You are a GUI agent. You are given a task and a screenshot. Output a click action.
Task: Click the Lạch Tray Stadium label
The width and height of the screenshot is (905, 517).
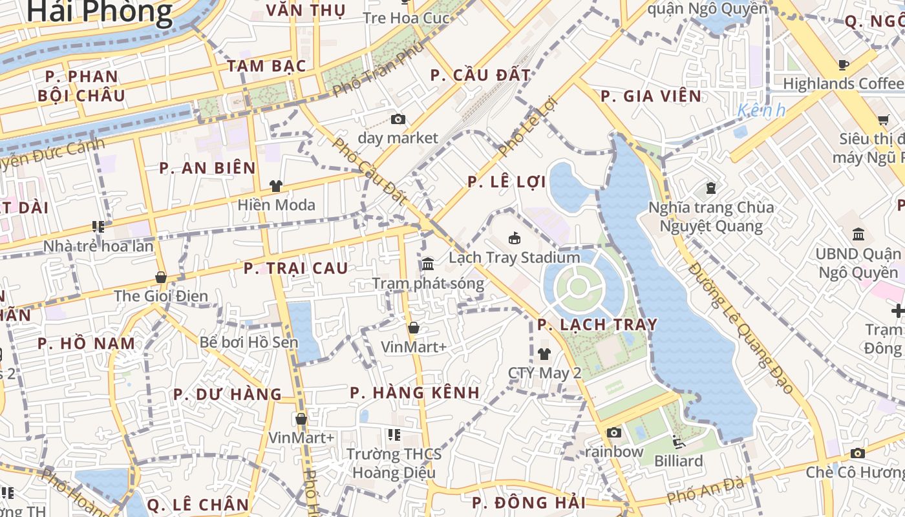515,257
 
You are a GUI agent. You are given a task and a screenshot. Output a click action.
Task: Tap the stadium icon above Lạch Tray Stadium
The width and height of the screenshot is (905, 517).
515,238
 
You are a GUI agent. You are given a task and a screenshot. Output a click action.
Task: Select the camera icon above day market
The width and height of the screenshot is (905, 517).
398,119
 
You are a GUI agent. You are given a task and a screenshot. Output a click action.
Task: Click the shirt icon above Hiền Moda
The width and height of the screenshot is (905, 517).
276,186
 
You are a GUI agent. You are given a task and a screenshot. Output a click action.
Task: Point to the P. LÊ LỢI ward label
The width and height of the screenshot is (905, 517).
507,182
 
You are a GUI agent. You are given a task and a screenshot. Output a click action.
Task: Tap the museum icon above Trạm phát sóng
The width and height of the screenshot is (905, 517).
428,264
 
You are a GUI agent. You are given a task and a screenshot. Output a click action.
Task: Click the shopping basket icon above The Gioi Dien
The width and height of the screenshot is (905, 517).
161,277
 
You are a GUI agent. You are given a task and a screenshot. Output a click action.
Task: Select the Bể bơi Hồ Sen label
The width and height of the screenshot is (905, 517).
249,342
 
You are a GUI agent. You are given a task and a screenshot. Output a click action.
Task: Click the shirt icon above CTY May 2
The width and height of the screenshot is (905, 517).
544,353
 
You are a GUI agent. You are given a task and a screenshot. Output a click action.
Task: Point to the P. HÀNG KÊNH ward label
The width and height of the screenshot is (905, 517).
415,392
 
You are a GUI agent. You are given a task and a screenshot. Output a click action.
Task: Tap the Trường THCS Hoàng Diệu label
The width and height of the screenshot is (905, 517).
394,463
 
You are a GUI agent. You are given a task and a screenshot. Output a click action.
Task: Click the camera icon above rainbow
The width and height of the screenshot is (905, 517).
614,432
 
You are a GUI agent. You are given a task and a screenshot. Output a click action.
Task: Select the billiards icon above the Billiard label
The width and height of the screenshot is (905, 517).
679,442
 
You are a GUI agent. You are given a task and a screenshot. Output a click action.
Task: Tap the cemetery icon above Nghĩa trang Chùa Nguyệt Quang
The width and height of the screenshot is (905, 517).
711,188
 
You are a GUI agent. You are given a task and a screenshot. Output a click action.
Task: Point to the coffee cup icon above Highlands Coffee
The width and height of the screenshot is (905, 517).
843,64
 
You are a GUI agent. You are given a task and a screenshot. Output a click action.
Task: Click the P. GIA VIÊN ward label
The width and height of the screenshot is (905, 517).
651,96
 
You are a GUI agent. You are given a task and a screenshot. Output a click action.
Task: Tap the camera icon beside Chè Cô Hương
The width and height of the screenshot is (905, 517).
858,453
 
